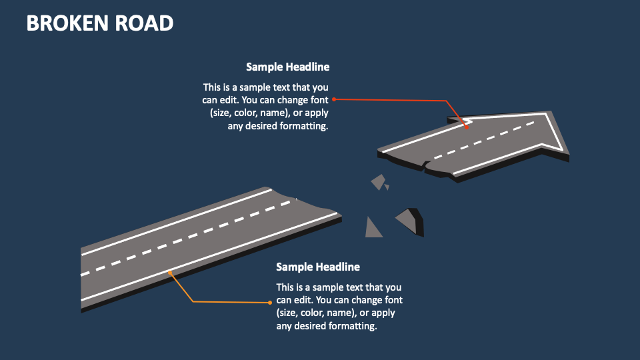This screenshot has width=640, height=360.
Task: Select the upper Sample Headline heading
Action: click(287, 67)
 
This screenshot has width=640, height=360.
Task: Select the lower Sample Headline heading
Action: click(318, 267)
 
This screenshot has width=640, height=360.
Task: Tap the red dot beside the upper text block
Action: click(334, 99)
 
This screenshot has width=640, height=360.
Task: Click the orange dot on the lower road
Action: click(171, 272)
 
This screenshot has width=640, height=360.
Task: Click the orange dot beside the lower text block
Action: click(271, 302)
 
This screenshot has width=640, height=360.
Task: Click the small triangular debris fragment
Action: click(373, 229)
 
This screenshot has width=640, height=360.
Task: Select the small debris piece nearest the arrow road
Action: click(379, 181)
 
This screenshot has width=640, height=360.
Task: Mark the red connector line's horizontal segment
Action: click(390, 100)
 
